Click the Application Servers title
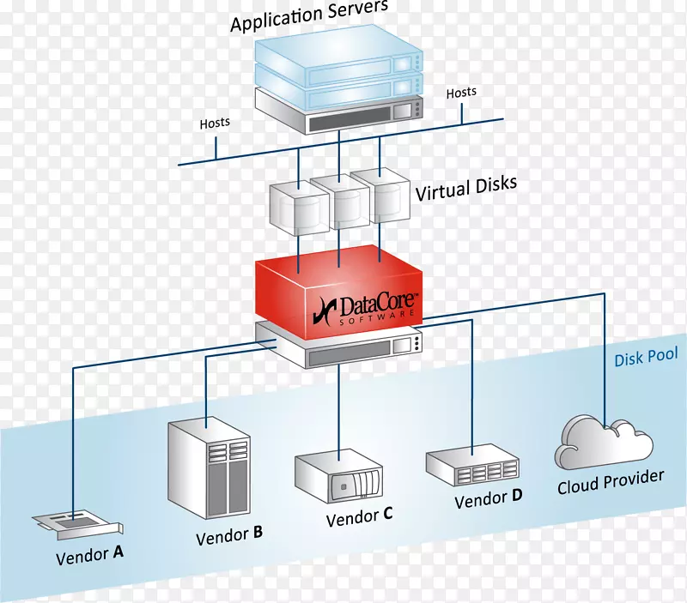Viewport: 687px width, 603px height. coord(308,16)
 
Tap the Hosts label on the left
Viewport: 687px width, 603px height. coord(215,123)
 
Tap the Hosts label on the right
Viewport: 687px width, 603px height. coord(461,92)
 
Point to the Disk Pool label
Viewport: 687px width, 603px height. coord(646,357)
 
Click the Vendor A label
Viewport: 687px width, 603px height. coord(89,555)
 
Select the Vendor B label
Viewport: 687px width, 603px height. coord(228,536)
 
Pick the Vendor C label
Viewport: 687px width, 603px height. coord(359,516)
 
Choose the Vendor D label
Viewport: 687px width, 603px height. coord(488,497)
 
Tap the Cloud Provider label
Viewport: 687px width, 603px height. coord(611,481)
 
